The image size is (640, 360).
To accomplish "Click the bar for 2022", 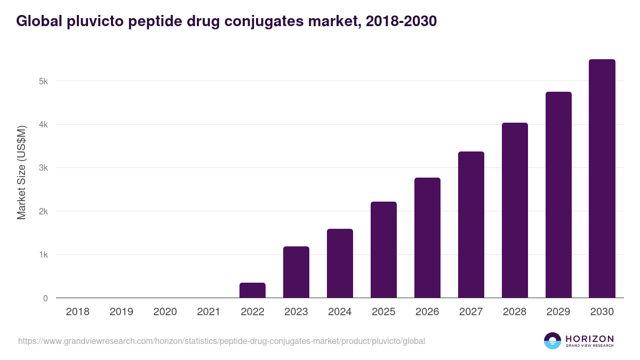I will [252, 290].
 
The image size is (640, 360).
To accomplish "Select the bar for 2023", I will [296, 272].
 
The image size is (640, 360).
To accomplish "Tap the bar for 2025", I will [383, 250].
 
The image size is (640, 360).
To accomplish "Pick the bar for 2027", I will [471, 225].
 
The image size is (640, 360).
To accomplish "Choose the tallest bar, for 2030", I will [602, 179].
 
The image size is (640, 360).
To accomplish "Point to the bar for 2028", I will [515, 210].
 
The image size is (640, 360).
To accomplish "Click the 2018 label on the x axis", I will [77, 312].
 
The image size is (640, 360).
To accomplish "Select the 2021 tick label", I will [209, 312].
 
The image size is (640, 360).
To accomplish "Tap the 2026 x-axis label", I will [427, 312].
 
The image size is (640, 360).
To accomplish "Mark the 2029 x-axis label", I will [558, 312].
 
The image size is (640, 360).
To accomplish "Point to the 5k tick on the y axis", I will [43, 82].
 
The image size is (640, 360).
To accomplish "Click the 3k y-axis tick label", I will [43, 168].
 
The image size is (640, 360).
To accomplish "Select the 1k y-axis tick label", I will [43, 255].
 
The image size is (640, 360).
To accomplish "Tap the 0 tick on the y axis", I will [45, 298].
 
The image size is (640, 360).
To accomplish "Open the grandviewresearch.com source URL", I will [221, 341].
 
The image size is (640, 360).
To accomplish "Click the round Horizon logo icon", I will [553, 341].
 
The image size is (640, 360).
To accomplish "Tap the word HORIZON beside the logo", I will [589, 338].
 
